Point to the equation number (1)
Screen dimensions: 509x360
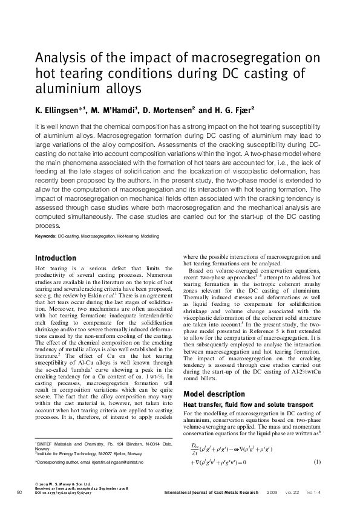click(x=317, y=462)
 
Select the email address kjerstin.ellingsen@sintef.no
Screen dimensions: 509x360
click(x=120, y=462)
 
